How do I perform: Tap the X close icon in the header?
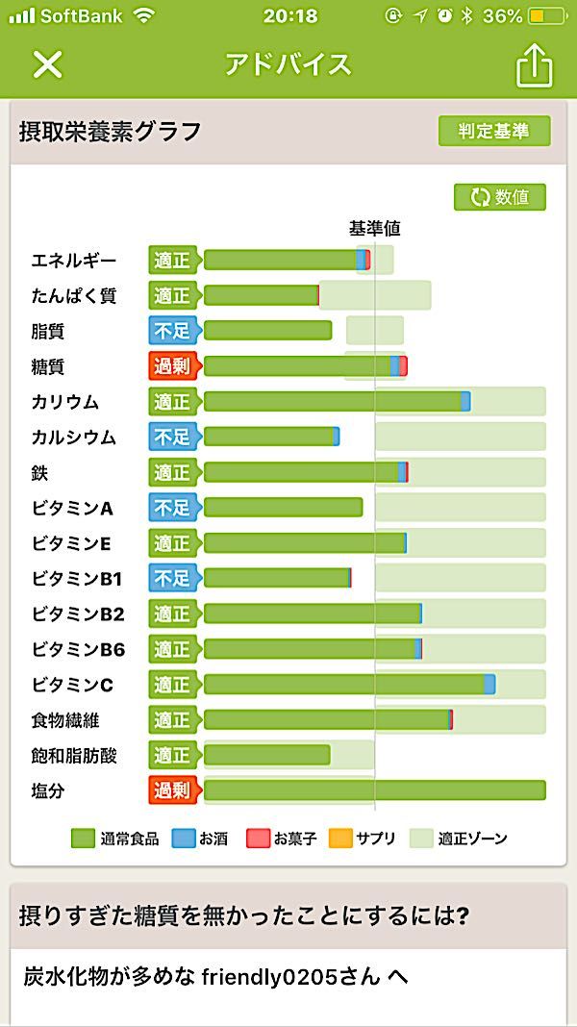click(x=47, y=64)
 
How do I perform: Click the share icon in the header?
click(x=535, y=65)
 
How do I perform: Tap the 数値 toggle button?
click(x=500, y=197)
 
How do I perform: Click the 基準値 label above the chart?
click(x=374, y=229)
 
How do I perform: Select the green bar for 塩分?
click(x=374, y=790)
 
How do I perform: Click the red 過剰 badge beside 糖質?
click(x=172, y=365)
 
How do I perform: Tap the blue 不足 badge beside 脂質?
click(x=172, y=331)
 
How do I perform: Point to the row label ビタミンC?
click(x=72, y=685)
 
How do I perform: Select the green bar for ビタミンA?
click(x=283, y=507)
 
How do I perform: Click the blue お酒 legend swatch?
click(x=183, y=839)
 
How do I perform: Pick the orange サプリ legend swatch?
click(x=340, y=839)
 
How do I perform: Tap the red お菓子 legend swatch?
click(x=258, y=839)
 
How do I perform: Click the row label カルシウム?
click(x=73, y=438)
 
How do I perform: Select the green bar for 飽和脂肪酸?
click(x=266, y=755)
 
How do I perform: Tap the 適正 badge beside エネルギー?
click(x=172, y=260)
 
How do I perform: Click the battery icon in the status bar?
click(x=549, y=16)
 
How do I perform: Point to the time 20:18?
click(x=288, y=16)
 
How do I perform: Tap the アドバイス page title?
click(x=288, y=64)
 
